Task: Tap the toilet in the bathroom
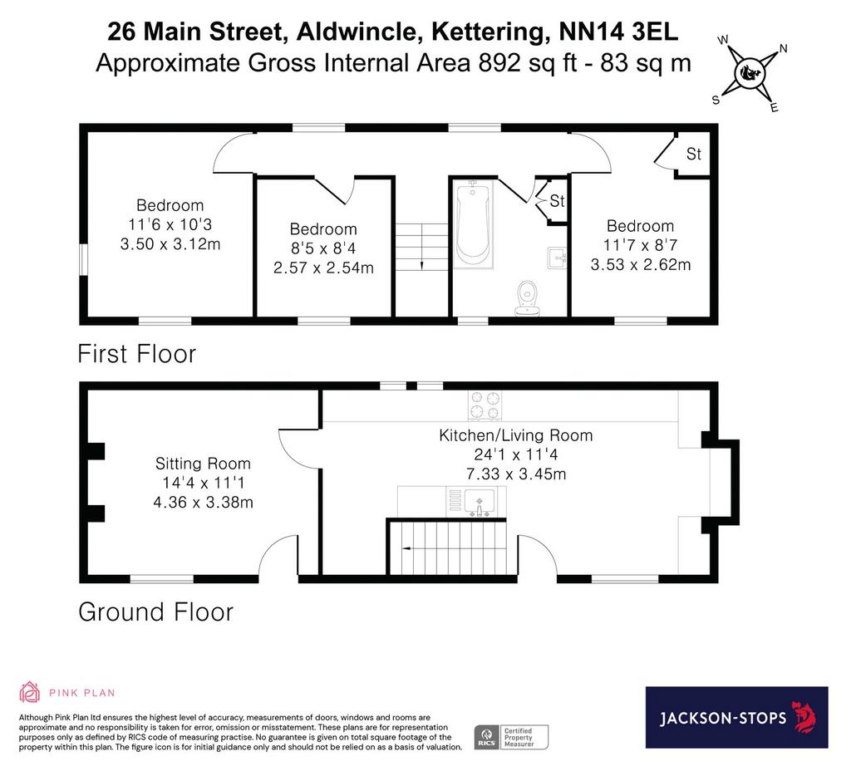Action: (x=526, y=298)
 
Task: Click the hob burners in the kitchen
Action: (x=485, y=405)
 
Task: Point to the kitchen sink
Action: (x=480, y=501)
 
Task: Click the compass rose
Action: (x=750, y=73)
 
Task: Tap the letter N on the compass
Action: (x=783, y=48)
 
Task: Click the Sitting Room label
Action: (x=203, y=464)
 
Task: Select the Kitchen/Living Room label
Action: (x=515, y=435)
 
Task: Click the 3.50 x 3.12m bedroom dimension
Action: (x=170, y=244)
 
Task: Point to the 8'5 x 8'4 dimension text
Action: (x=323, y=248)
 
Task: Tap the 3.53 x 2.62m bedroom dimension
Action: (x=641, y=265)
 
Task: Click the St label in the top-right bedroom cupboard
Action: (x=694, y=154)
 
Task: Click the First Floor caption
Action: (x=137, y=354)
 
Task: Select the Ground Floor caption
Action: (x=155, y=612)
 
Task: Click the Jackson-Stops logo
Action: (x=736, y=717)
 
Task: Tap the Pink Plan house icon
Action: (x=29, y=692)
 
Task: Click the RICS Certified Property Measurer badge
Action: (x=511, y=738)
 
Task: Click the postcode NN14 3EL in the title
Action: (x=618, y=32)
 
